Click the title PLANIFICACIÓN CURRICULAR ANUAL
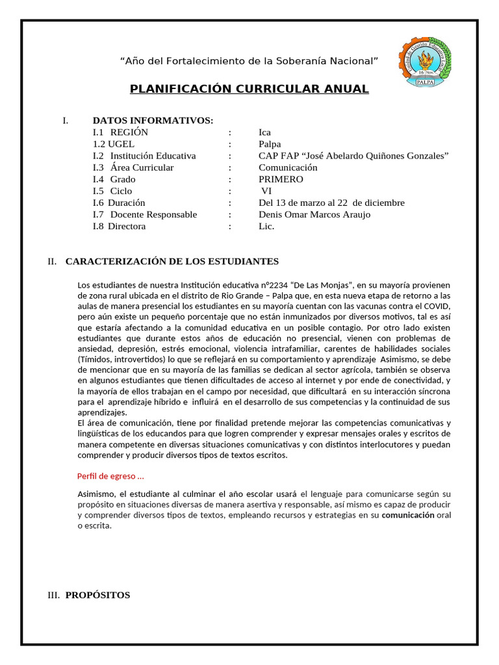click(249, 89)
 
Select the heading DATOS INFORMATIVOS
click(153, 121)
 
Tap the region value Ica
click(264, 132)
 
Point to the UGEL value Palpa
click(270, 144)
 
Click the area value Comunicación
click(288, 168)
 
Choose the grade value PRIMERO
click(281, 179)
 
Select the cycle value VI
click(266, 191)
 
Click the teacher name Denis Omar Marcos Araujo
click(314, 214)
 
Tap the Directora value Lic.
click(266, 226)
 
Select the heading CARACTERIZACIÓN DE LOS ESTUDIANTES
click(172, 262)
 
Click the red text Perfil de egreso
click(110, 476)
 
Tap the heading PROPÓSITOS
click(97, 595)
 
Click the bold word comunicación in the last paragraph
click(408, 515)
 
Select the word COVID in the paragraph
click(436, 306)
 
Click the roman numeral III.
click(53, 595)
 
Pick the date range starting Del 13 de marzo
click(331, 203)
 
